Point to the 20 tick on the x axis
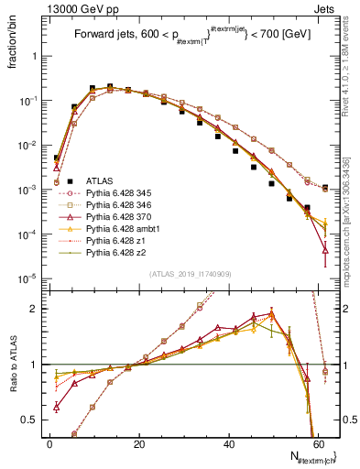(139, 444)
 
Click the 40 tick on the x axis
(229, 444)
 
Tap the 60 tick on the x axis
(319, 444)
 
